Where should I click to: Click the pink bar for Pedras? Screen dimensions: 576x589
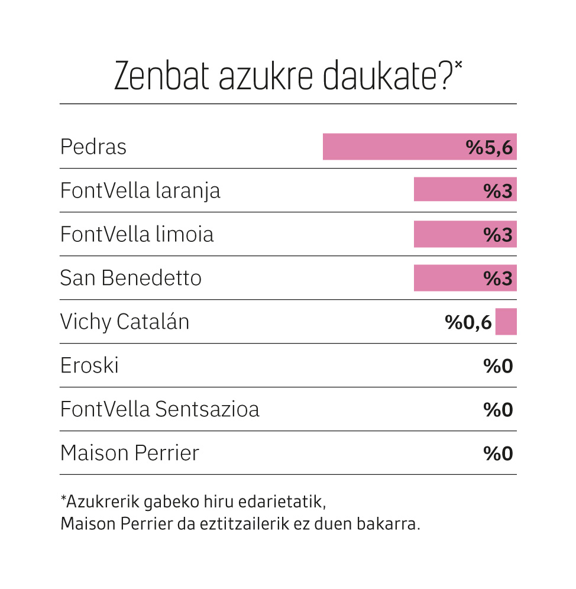pos(420,147)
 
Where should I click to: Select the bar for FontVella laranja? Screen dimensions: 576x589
pos(465,189)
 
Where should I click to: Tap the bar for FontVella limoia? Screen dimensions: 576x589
pos(465,234)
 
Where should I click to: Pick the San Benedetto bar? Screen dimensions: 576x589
pos(465,278)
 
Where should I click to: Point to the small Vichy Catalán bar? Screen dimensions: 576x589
pos(506,322)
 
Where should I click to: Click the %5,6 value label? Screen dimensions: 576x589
pos(489,147)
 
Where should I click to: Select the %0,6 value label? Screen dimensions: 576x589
pos(468,322)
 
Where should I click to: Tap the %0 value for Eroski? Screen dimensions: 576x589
pos(498,366)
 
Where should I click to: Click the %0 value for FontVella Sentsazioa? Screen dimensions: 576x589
pos(498,409)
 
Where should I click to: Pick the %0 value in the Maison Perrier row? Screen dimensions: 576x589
pos(498,454)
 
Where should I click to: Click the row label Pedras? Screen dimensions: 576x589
pos(93,147)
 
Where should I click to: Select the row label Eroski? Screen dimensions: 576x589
pos(89,365)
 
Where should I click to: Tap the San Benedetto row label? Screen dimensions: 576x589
pos(131,278)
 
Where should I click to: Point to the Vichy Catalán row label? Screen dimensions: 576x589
pos(124,322)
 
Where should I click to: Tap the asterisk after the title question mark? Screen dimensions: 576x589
pos(458,64)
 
